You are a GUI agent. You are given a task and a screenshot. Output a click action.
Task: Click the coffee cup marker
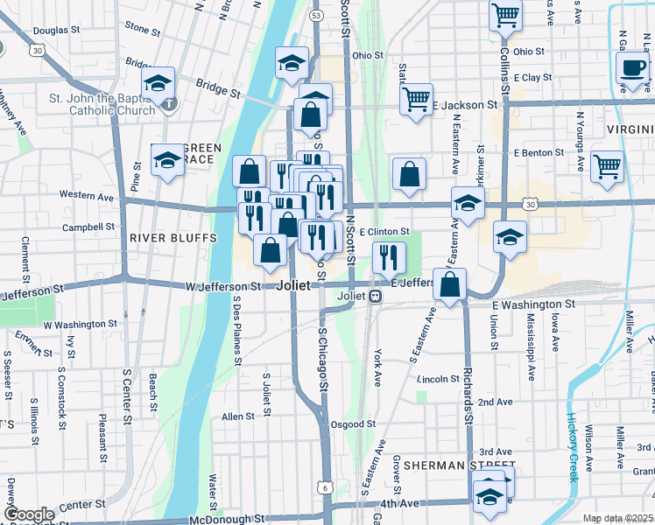pyautogui.click(x=632, y=68)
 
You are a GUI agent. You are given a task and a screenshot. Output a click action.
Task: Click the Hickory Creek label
pyautogui.click(x=573, y=446)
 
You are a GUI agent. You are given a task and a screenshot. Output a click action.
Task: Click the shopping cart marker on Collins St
pyautogui.click(x=505, y=15)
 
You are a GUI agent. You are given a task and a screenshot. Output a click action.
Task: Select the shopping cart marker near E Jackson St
pyautogui.click(x=417, y=97)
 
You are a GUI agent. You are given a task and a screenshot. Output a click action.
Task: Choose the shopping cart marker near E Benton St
pyautogui.click(x=607, y=165)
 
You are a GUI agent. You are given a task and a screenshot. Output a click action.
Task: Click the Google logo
pyautogui.click(x=29, y=514)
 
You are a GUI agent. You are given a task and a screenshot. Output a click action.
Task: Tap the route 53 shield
pyautogui.click(x=316, y=16)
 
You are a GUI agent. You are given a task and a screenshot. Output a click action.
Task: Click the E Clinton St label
pyautogui.click(x=385, y=232)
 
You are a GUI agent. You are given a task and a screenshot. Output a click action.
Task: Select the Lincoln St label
pyautogui.click(x=438, y=379)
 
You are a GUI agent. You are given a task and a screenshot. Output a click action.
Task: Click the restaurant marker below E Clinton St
pyautogui.click(x=388, y=257)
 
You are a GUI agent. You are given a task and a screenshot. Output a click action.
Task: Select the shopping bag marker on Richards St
pyautogui.click(x=449, y=285)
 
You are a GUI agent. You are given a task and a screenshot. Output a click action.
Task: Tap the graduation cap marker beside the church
pyautogui.click(x=158, y=83)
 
